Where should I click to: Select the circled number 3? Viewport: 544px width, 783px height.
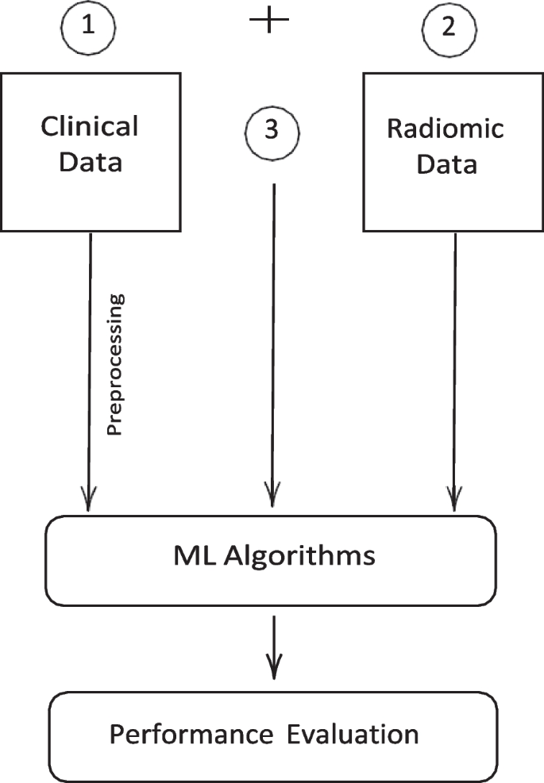[272, 130]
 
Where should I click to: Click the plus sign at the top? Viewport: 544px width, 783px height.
[270, 21]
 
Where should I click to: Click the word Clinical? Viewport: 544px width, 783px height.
[90, 126]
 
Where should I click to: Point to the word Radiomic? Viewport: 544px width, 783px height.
[445, 129]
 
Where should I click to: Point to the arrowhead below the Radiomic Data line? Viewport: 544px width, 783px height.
[455, 500]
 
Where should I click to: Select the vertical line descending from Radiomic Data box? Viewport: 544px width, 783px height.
[455, 357]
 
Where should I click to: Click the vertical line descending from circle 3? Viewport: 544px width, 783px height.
[273, 333]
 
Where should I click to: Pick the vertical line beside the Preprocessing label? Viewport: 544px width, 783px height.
[90, 357]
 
